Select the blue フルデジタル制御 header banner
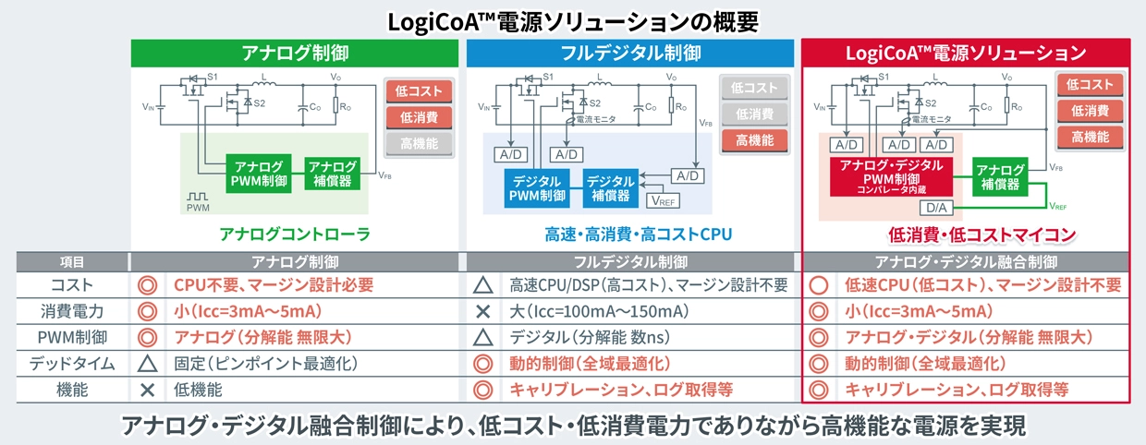(630, 53)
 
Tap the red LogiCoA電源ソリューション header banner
(966, 53)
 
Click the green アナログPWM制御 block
(259, 174)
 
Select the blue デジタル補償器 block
(611, 187)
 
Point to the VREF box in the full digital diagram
(663, 199)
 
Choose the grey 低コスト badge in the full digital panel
(754, 88)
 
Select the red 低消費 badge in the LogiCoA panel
(1091, 111)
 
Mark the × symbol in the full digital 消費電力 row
(482, 311)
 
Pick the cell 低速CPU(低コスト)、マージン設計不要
(982, 285)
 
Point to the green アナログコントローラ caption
(295, 235)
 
